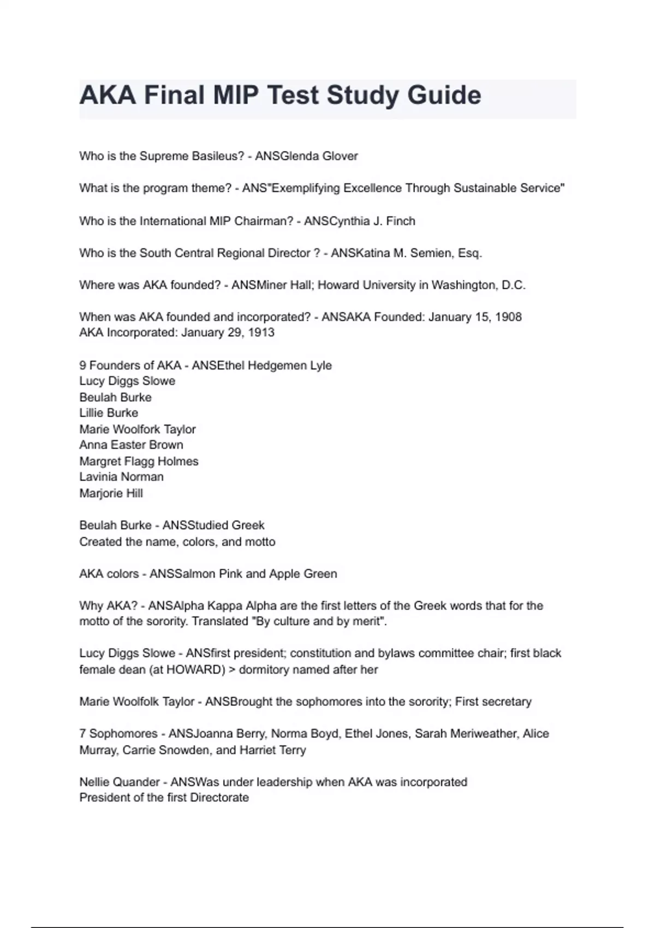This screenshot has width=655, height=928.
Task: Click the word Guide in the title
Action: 444,96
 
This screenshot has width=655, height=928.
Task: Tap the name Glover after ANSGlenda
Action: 340,156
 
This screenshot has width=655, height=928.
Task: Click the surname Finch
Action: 401,221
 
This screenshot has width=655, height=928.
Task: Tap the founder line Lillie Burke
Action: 109,413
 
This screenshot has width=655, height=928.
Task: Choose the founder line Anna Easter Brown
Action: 131,445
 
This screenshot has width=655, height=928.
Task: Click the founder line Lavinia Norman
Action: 121,477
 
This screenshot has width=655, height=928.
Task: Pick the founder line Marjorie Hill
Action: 111,493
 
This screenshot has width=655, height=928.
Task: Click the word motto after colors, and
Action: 260,542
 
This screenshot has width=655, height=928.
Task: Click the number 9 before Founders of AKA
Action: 82,365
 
